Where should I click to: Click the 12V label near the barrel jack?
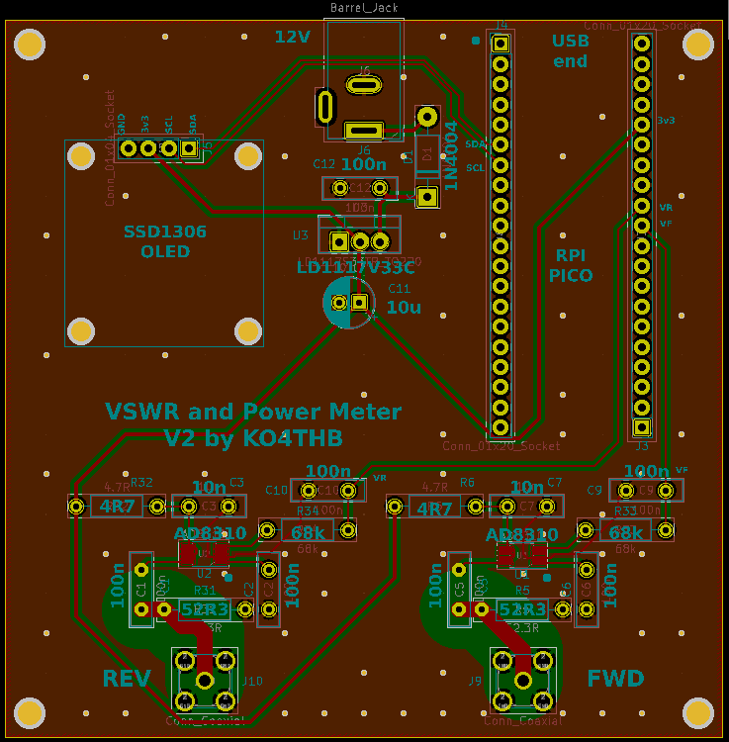(x=292, y=37)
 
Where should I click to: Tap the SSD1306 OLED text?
(x=164, y=241)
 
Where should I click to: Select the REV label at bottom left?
(x=127, y=678)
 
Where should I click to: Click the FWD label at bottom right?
(x=615, y=678)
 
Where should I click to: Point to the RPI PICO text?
(x=571, y=264)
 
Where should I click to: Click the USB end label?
(x=570, y=50)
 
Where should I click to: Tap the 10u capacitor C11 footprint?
(x=349, y=303)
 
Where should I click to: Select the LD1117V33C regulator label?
(x=356, y=267)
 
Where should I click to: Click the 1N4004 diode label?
(x=451, y=154)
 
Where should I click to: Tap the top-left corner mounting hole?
(x=30, y=44)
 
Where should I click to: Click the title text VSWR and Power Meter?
(x=253, y=412)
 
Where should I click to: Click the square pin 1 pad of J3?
(x=641, y=427)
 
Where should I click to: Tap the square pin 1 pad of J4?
(x=501, y=44)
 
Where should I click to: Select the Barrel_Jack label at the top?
(x=363, y=8)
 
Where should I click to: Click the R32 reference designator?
(x=141, y=482)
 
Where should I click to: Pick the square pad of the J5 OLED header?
(x=188, y=148)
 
